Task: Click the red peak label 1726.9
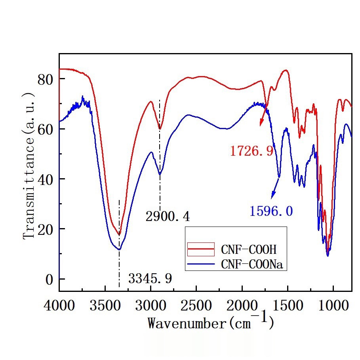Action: coord(251,151)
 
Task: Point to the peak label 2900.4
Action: coord(167,217)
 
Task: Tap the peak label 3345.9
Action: coord(150,278)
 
